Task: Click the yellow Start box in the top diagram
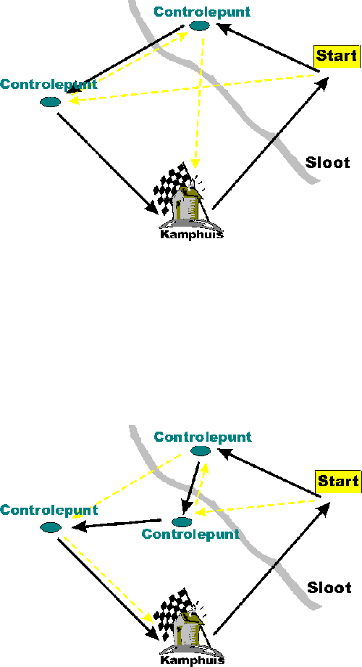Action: click(x=337, y=56)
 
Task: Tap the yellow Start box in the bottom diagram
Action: click(x=338, y=482)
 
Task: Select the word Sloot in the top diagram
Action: click(x=328, y=162)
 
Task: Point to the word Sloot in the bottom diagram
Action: click(x=329, y=587)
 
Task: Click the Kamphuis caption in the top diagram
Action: click(x=191, y=234)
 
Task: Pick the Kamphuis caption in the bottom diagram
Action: click(x=193, y=660)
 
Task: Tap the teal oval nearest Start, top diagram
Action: click(x=199, y=25)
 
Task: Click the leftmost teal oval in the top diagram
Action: click(x=50, y=101)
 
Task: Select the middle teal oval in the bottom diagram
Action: click(x=182, y=521)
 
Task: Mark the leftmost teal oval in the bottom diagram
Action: click(x=51, y=527)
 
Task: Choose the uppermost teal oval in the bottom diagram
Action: click(x=200, y=451)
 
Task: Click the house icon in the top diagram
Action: click(x=188, y=204)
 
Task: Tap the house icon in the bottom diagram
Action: click(x=188, y=629)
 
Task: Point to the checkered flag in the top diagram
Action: click(x=172, y=187)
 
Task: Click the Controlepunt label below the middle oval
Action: click(x=190, y=534)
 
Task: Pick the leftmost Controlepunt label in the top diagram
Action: click(x=49, y=84)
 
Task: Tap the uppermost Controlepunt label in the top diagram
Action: click(x=202, y=12)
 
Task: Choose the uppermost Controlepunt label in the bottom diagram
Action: click(x=203, y=437)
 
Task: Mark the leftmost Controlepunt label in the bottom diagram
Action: click(x=49, y=510)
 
